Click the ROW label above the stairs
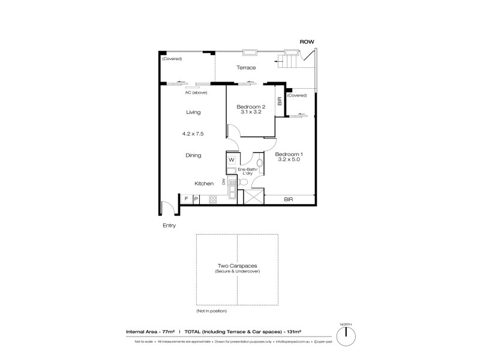click(307, 41)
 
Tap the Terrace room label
click(245, 68)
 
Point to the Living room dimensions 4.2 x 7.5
click(193, 134)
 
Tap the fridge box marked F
click(187, 199)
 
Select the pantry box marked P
click(196, 199)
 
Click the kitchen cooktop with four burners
click(212, 199)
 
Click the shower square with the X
click(250, 197)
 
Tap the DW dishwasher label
click(223, 182)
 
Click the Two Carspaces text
click(237, 266)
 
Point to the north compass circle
click(347, 338)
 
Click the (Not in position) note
click(212, 311)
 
